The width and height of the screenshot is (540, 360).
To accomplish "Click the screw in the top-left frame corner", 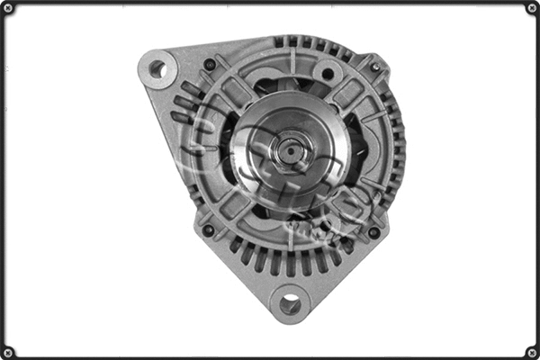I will (8, 8).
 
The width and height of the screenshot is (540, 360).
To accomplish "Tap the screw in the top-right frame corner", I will (532, 8).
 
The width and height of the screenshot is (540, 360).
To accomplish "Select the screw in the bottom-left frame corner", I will (8, 352).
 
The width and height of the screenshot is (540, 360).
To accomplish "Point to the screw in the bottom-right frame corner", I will (532, 352).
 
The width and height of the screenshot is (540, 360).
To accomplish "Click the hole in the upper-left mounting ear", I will (157, 67).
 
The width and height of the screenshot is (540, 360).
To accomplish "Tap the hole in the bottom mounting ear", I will (290, 304).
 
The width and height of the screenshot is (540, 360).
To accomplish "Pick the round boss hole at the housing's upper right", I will (328, 74).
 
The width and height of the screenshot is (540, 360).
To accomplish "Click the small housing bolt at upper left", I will (210, 64).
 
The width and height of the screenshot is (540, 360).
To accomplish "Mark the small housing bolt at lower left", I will (208, 230).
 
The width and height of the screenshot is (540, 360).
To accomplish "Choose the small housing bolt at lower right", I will (373, 232).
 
